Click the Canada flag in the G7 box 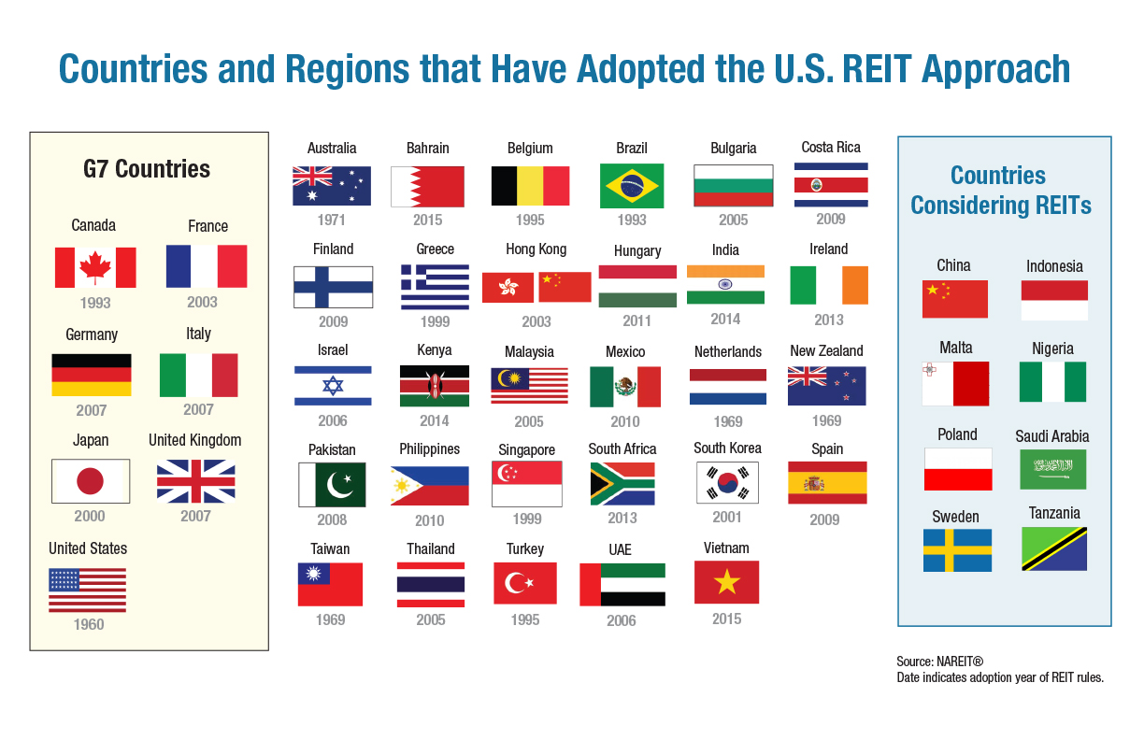tap(95, 267)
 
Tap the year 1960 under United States tap(89, 624)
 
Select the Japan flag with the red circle tap(91, 481)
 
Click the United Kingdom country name tap(194, 440)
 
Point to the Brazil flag tap(632, 186)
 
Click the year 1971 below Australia tap(332, 221)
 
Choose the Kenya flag tap(434, 386)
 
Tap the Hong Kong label tap(536, 249)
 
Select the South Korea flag tap(727, 483)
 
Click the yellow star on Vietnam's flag tap(727, 582)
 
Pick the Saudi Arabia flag tap(1053, 469)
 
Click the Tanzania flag tap(1054, 549)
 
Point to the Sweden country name tap(955, 517)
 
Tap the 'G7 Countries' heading tap(147, 169)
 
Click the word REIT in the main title tap(877, 69)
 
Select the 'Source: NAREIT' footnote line tap(939, 662)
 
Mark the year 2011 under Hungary tap(636, 320)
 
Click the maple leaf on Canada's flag tap(95, 267)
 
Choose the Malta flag tap(955, 383)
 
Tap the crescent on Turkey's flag tap(515, 583)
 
